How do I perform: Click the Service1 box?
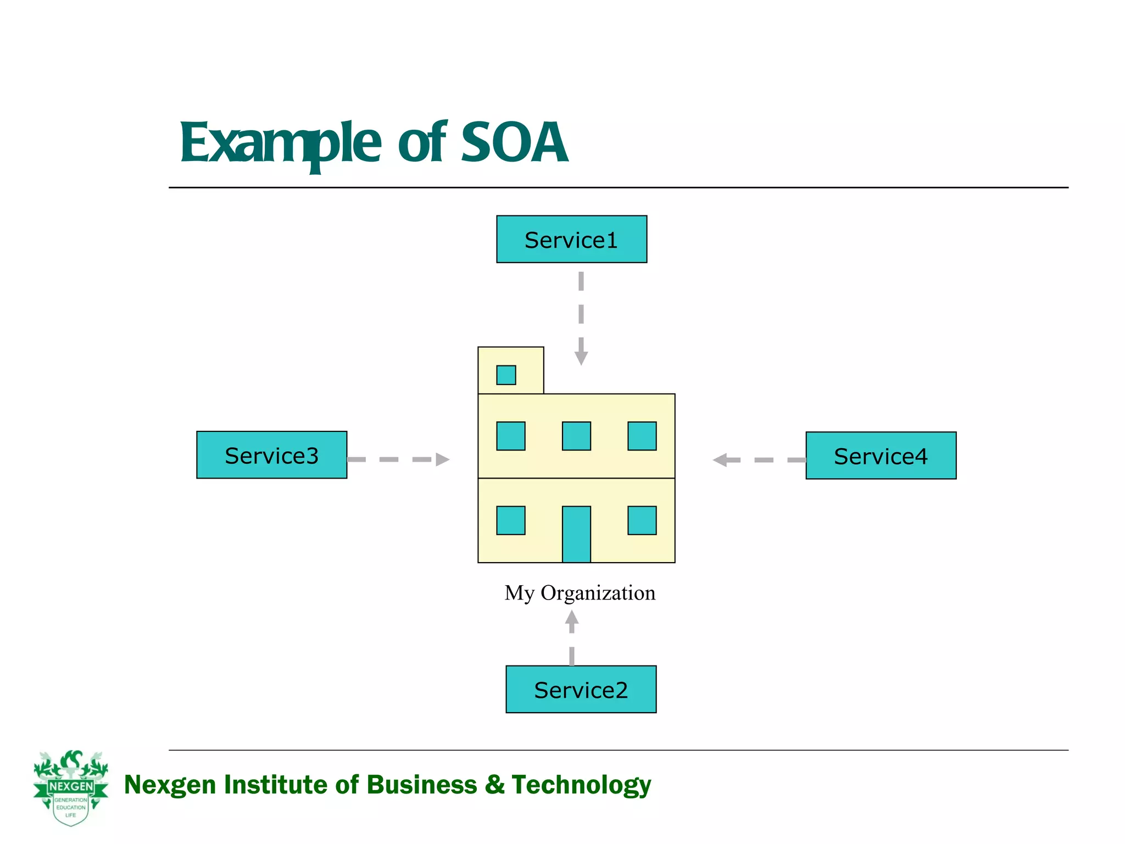[571, 239]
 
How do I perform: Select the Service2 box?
[581, 689]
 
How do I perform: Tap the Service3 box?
[271, 455]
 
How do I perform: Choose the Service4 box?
[881, 456]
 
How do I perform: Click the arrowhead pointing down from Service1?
[581, 358]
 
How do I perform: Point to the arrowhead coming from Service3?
[442, 459]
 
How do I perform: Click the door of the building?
[576, 534]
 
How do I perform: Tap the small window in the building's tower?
[506, 375]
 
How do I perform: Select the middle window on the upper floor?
[576, 436]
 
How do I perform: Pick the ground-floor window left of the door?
[510, 520]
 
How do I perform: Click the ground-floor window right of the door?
[642, 520]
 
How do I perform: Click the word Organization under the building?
[598, 593]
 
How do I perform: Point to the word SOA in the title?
[514, 143]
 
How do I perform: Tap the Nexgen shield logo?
[71, 788]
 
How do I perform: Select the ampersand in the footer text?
[494, 784]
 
